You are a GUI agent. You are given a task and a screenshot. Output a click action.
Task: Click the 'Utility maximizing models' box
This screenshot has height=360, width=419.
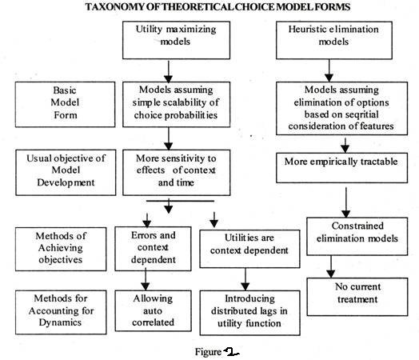click(176, 40)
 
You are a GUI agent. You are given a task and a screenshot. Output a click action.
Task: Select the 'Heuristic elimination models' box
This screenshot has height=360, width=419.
click(334, 40)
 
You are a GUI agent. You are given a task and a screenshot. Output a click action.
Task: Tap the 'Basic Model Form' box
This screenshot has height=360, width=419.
click(66, 104)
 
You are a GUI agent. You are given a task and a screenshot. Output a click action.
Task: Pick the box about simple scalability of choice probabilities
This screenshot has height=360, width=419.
click(176, 104)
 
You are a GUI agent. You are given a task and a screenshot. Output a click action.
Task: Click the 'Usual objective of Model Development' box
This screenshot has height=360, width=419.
click(66, 172)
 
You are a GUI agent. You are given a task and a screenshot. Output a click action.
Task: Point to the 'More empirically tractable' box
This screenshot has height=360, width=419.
click(341, 168)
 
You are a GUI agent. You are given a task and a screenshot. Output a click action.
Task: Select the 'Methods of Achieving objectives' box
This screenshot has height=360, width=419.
click(61, 249)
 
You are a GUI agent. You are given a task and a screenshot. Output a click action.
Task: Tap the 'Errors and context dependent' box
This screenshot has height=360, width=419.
click(153, 249)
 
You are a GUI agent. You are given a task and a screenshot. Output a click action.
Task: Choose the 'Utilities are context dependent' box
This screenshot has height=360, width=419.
click(249, 249)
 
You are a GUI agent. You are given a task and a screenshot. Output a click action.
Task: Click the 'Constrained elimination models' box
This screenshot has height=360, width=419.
click(357, 236)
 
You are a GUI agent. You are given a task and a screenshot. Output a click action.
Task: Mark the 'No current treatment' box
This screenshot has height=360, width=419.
click(357, 297)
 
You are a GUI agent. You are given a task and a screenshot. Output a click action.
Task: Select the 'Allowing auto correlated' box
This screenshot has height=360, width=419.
click(153, 311)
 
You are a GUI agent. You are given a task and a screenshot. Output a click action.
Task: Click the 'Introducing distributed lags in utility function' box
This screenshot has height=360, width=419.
click(249, 313)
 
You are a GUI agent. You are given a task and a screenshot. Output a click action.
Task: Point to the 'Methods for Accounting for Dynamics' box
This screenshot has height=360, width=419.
click(61, 312)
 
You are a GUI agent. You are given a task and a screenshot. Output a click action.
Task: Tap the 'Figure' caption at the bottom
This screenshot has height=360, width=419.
click(209, 352)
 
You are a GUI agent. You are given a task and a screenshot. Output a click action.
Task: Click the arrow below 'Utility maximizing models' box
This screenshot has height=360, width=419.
click(169, 72)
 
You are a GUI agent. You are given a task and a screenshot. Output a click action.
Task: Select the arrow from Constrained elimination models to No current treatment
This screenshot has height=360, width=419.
click(331, 266)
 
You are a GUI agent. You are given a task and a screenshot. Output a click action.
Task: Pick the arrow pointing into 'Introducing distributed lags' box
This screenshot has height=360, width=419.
click(245, 279)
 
